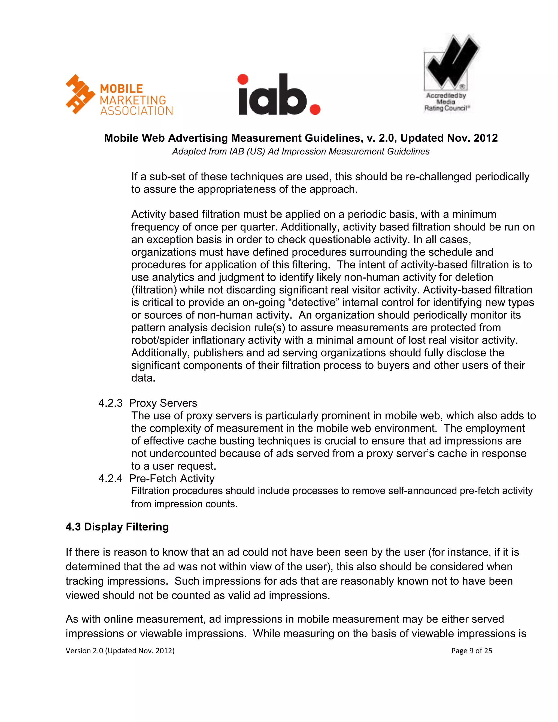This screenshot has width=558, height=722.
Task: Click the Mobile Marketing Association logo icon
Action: [x=80, y=95]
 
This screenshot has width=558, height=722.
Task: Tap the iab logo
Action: [x=279, y=95]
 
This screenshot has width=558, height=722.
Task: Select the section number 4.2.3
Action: [x=110, y=403]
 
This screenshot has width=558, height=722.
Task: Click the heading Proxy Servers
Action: [x=163, y=403]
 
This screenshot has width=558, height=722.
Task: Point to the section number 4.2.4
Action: [x=110, y=478]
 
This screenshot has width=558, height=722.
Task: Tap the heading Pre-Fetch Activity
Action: [x=172, y=478]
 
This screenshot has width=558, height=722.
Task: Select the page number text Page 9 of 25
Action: [x=471, y=651]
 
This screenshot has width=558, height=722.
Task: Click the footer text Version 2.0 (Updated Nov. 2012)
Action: [x=120, y=651]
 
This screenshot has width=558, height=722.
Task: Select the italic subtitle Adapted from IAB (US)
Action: [x=301, y=151]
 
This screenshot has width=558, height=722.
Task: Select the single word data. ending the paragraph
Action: [x=143, y=378]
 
